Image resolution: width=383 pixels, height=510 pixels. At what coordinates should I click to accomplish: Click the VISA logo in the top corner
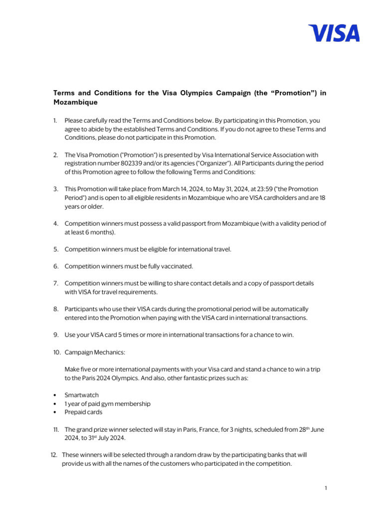pos(334,33)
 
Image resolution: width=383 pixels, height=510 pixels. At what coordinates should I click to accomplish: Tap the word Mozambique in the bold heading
pos(75,102)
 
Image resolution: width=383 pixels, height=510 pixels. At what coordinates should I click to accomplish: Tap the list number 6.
pos(56,266)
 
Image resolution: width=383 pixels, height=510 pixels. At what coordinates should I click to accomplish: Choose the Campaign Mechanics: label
pos(95,352)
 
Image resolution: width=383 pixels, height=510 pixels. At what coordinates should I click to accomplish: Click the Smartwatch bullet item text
pos(82,395)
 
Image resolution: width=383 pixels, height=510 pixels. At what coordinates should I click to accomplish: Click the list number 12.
pos(54,455)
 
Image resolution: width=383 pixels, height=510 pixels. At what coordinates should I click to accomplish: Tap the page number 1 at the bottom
pos(325,488)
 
